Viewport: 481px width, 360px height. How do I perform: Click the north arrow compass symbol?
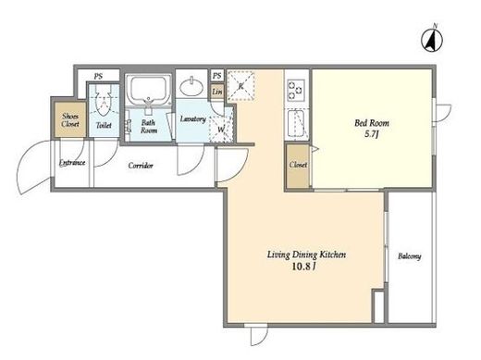point(432,39)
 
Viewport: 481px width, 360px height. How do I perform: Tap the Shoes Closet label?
point(70,120)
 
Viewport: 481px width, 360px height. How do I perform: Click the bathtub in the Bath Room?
point(149,89)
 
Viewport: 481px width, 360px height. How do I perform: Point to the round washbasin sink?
point(191,87)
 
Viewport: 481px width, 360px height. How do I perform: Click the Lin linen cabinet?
point(217,92)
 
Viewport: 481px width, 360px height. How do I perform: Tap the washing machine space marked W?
point(221,129)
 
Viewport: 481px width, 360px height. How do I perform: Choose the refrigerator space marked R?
point(240,86)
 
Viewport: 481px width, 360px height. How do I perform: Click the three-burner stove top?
point(296,90)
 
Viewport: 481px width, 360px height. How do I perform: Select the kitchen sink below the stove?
point(296,124)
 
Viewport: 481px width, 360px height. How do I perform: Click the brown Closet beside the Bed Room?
point(298,166)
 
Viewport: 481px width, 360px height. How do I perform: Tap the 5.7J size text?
point(372,134)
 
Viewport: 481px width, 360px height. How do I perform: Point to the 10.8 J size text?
point(304,267)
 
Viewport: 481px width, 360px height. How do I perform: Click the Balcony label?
point(410,256)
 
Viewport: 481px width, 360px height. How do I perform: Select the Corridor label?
point(141,166)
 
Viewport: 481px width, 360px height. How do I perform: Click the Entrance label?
point(72,163)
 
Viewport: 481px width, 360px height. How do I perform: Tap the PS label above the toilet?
point(98,76)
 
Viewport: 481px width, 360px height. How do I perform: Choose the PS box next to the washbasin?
point(217,76)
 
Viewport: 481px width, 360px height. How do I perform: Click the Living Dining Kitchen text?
point(306,255)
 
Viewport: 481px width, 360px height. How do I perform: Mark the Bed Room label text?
point(372,123)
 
